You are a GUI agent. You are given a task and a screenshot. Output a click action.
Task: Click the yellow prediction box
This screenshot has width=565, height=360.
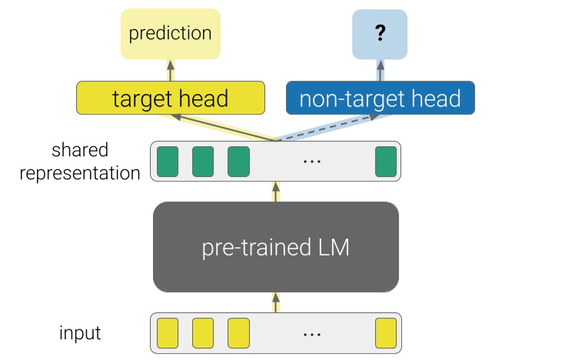coord(170,34)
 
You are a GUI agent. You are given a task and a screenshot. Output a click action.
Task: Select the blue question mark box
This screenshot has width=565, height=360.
coord(379,34)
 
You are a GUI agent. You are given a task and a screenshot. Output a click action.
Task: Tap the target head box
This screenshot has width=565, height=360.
coord(170,98)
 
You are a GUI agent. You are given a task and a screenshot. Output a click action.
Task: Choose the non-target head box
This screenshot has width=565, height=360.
coord(380,98)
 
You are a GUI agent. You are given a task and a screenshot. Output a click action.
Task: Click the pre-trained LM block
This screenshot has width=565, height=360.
coord(276,247)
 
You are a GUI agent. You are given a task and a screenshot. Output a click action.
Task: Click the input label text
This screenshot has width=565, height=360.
coord(80,333)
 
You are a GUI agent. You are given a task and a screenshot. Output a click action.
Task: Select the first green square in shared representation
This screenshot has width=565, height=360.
coord(167,162)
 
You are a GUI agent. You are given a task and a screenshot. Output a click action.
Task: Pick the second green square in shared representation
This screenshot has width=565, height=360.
coord(202,162)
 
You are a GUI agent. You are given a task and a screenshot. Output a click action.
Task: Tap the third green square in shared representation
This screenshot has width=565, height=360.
coord(238,162)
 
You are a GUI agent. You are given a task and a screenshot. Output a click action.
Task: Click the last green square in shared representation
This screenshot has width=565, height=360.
coord(385,162)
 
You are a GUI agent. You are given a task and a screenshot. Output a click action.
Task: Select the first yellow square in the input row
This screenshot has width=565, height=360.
coord(167,333)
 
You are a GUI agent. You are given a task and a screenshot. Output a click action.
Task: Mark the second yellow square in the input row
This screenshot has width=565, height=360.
coord(202,333)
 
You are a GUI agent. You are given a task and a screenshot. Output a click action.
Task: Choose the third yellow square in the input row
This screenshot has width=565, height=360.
coord(238,333)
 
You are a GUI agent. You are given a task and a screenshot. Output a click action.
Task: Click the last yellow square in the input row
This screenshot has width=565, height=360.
coord(385,333)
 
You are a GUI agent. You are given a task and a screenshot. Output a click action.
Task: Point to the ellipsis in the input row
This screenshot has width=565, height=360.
coord(311,334)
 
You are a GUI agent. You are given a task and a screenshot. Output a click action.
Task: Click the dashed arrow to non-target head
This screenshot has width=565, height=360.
coord(327,128)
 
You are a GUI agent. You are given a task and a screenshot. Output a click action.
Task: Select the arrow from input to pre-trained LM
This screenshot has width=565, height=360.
coord(276,302)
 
